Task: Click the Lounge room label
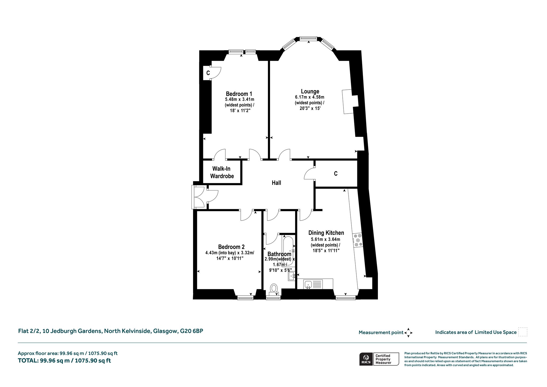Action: click(310, 91)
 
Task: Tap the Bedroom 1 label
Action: click(239, 94)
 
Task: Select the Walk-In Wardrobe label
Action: click(222, 172)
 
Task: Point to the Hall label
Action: click(276, 183)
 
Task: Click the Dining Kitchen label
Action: click(326, 233)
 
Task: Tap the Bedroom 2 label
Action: click(231, 247)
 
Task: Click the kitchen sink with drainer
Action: click(313, 284)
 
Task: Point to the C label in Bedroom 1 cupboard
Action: click(208, 73)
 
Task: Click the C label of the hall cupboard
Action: click(336, 174)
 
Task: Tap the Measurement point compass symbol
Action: click(408, 333)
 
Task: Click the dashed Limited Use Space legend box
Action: click(523, 332)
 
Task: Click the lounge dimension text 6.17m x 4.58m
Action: click(310, 97)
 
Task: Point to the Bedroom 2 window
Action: click(245, 297)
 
